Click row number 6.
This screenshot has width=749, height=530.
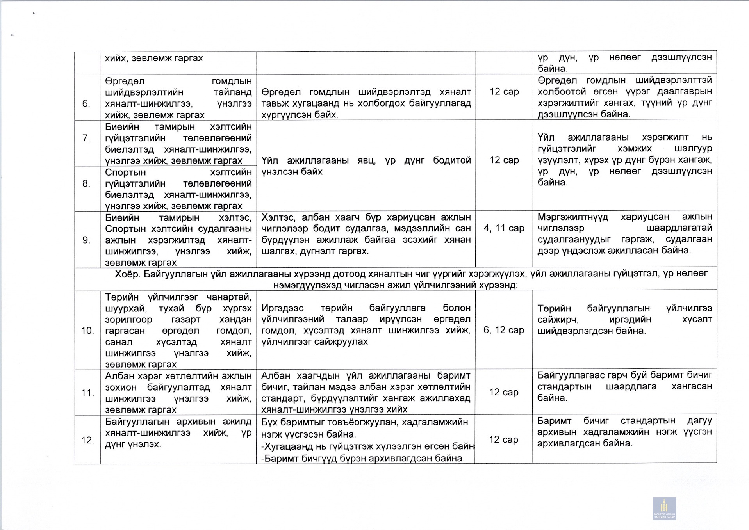pyautogui.click(x=86, y=104)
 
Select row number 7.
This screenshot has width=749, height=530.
pyautogui.click(x=86, y=138)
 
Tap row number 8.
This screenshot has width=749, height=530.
pyautogui.click(x=86, y=184)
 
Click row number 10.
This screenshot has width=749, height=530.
pyautogui.click(x=87, y=331)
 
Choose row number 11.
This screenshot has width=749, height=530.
pyautogui.click(x=87, y=393)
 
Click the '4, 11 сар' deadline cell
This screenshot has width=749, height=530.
pyautogui.click(x=504, y=228)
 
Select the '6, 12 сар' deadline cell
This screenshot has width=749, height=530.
pyautogui.click(x=504, y=330)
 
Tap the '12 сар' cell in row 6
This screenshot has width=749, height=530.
pyautogui.click(x=504, y=92)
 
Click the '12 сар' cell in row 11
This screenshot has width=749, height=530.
pyautogui.click(x=504, y=393)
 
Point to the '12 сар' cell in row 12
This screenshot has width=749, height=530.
pyautogui.click(x=503, y=440)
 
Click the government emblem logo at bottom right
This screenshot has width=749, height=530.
pyautogui.click(x=664, y=508)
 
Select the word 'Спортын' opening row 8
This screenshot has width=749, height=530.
pyautogui.click(x=125, y=173)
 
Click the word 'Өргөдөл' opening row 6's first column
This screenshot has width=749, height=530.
pyautogui.click(x=125, y=81)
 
